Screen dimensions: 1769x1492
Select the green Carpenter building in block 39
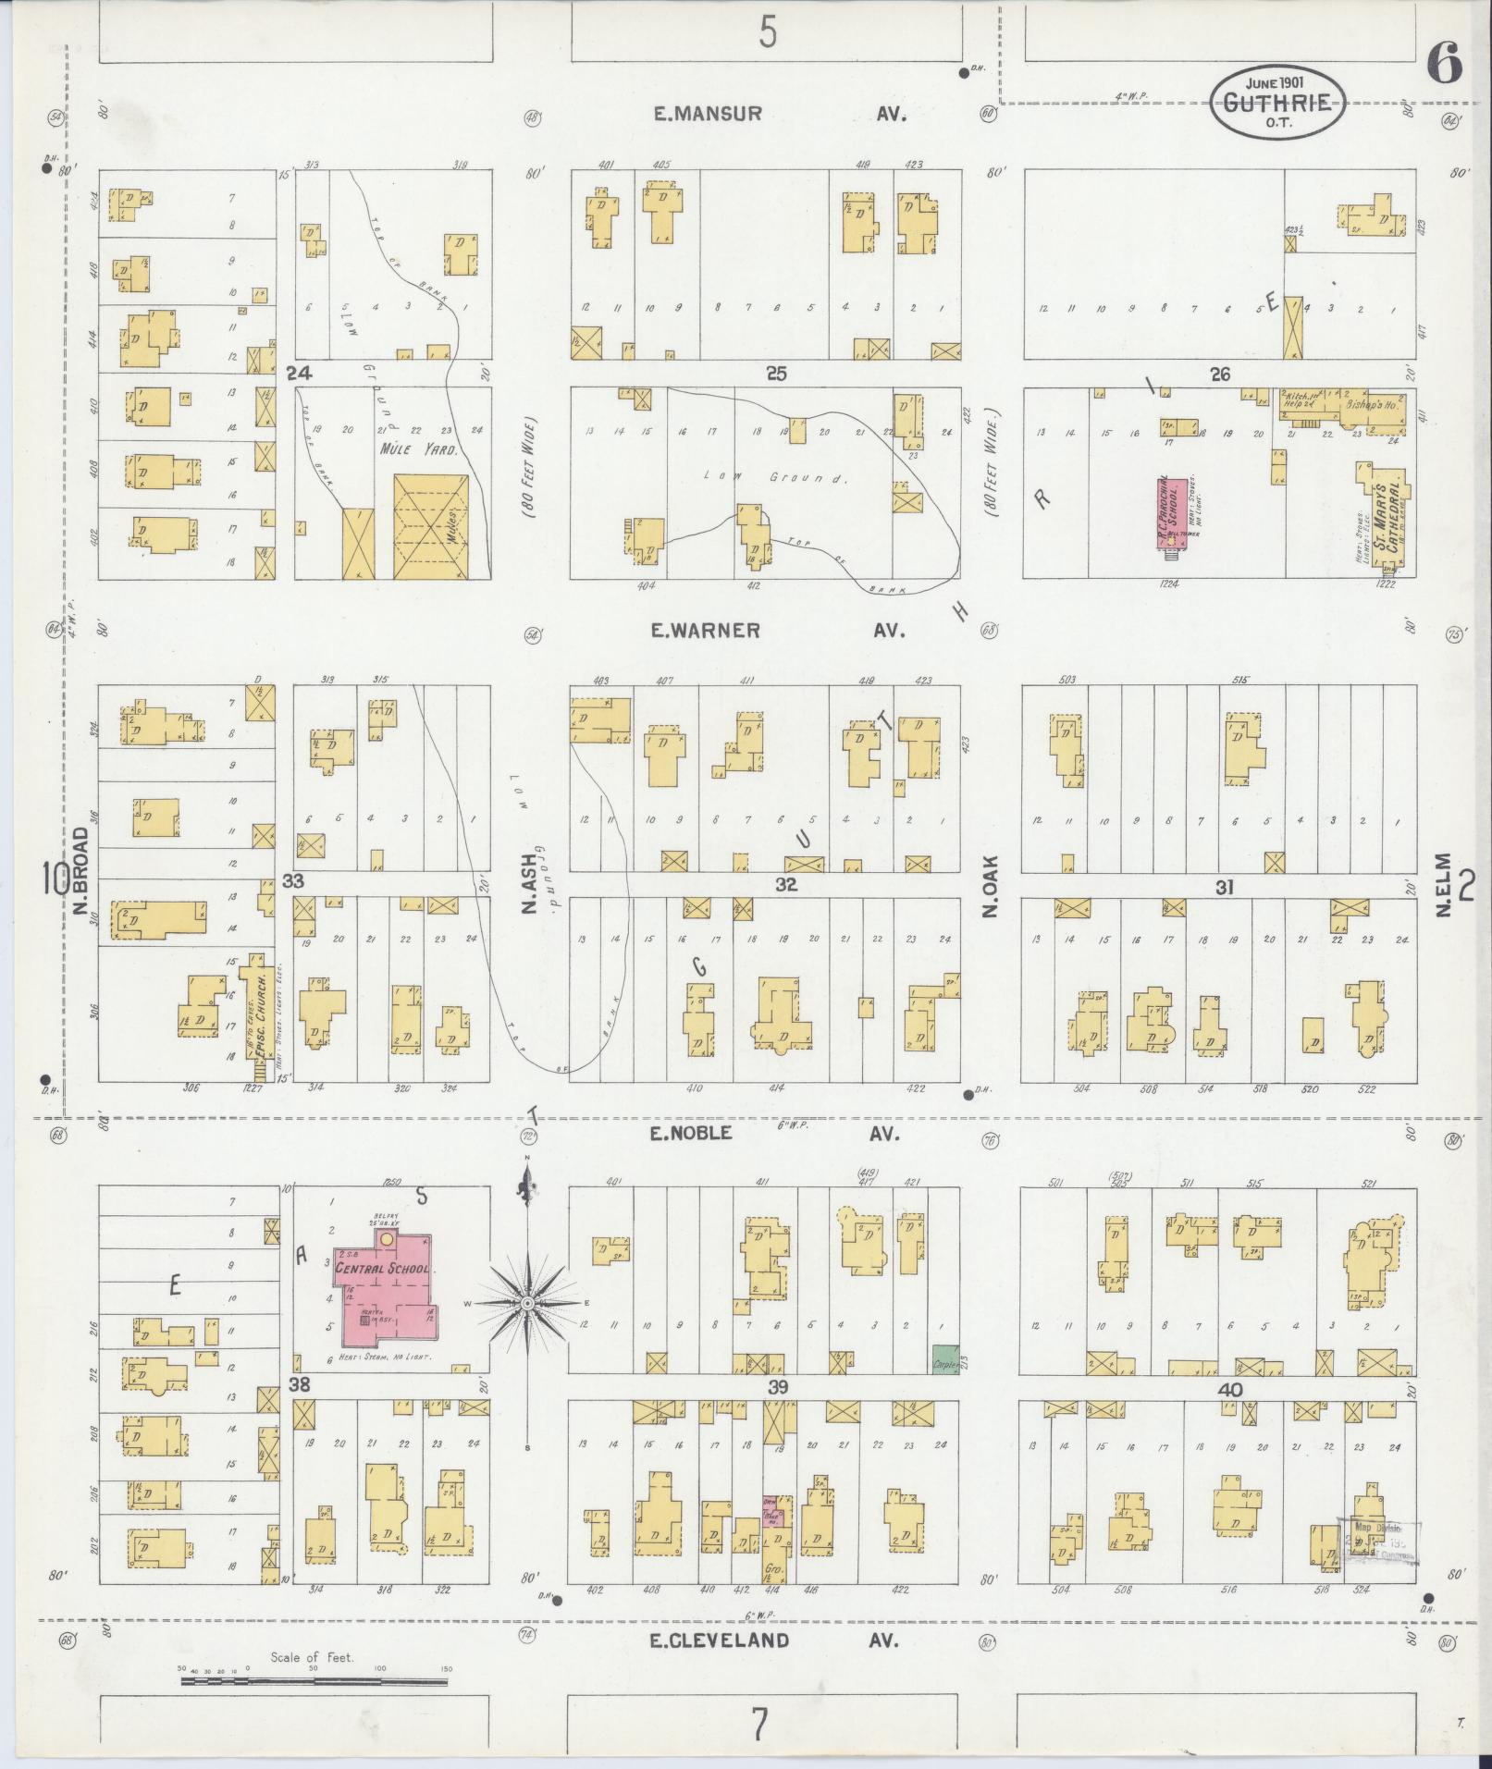point(944,1358)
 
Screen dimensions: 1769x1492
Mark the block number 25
point(775,374)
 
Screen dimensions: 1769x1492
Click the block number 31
point(1225,888)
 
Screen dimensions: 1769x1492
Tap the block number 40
point(1230,1390)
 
